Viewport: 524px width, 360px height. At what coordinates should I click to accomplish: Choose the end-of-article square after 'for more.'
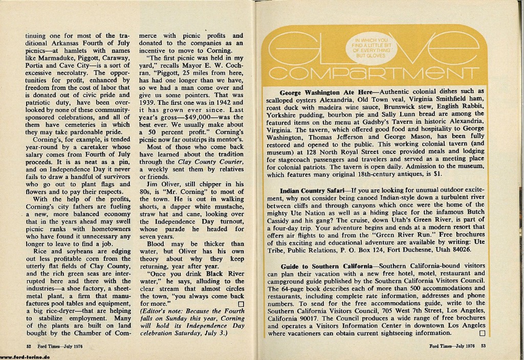[241, 304]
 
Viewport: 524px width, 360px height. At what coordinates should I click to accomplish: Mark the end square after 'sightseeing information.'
[481, 333]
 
